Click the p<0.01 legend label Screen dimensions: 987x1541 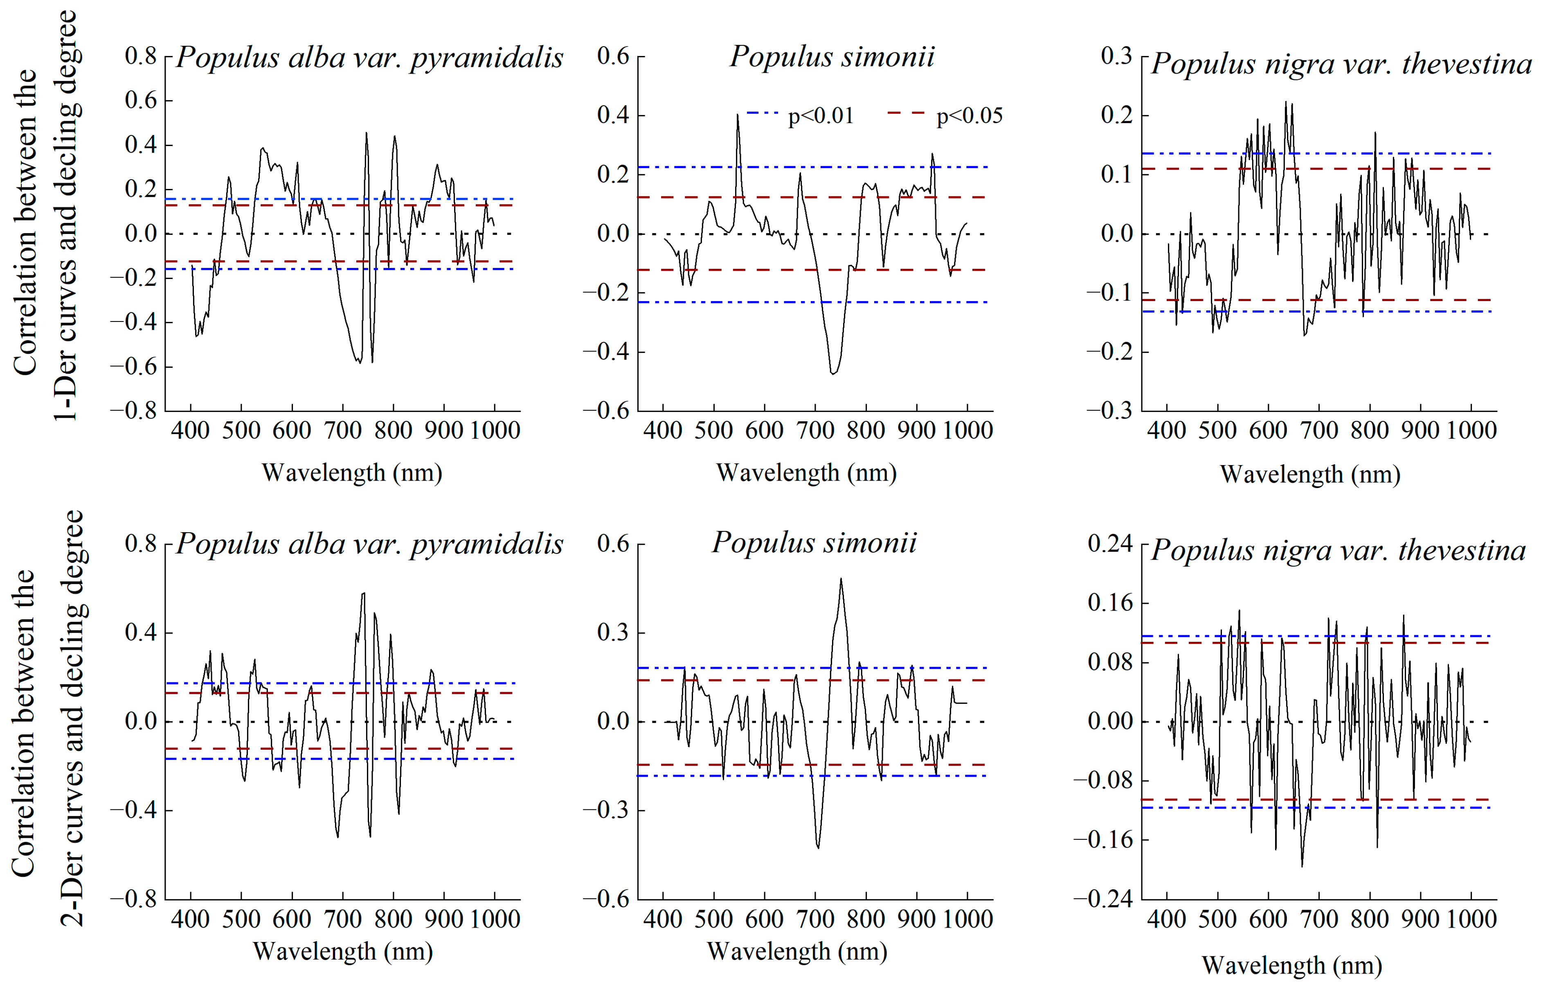tap(821, 116)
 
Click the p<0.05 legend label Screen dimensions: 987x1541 tap(969, 116)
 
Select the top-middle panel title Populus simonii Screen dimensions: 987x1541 tap(832, 56)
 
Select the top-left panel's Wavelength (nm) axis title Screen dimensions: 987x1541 tap(352, 473)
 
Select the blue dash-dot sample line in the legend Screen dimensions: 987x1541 tap(762, 113)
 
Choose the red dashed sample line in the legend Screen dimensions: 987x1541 tap(906, 113)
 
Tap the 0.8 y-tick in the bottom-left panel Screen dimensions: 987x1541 tap(140, 544)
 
